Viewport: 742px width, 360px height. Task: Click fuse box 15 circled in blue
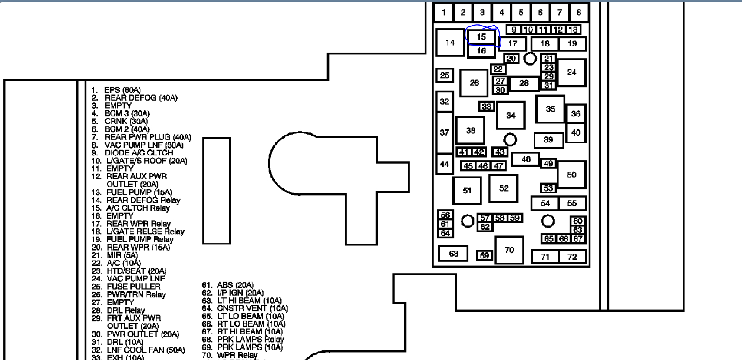(x=481, y=37)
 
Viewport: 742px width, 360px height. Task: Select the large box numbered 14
(x=450, y=43)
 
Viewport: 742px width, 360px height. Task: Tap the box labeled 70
(x=509, y=250)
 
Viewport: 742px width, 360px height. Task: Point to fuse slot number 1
(x=443, y=13)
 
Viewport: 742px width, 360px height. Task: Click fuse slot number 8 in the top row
(x=578, y=13)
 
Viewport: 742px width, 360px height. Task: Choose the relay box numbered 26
(x=474, y=83)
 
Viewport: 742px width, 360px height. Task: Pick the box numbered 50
(x=571, y=175)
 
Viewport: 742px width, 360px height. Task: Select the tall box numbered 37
(x=444, y=132)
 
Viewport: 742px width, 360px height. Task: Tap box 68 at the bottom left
(x=453, y=254)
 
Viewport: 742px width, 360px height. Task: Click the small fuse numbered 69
(x=485, y=256)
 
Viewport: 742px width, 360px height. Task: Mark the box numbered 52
(x=503, y=188)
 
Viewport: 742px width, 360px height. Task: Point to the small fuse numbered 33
(x=486, y=106)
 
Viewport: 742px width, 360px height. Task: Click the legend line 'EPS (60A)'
(x=122, y=90)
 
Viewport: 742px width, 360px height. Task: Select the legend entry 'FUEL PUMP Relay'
(x=140, y=239)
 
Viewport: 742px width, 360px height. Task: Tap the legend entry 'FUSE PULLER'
(x=133, y=287)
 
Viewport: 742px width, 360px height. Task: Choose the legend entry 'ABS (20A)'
(x=235, y=285)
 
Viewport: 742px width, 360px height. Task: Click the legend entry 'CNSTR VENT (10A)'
(x=252, y=308)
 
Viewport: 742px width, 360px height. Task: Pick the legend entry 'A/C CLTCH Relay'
(x=138, y=208)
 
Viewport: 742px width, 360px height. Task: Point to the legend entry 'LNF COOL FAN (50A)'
(x=145, y=350)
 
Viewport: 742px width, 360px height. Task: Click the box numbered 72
(x=572, y=257)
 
